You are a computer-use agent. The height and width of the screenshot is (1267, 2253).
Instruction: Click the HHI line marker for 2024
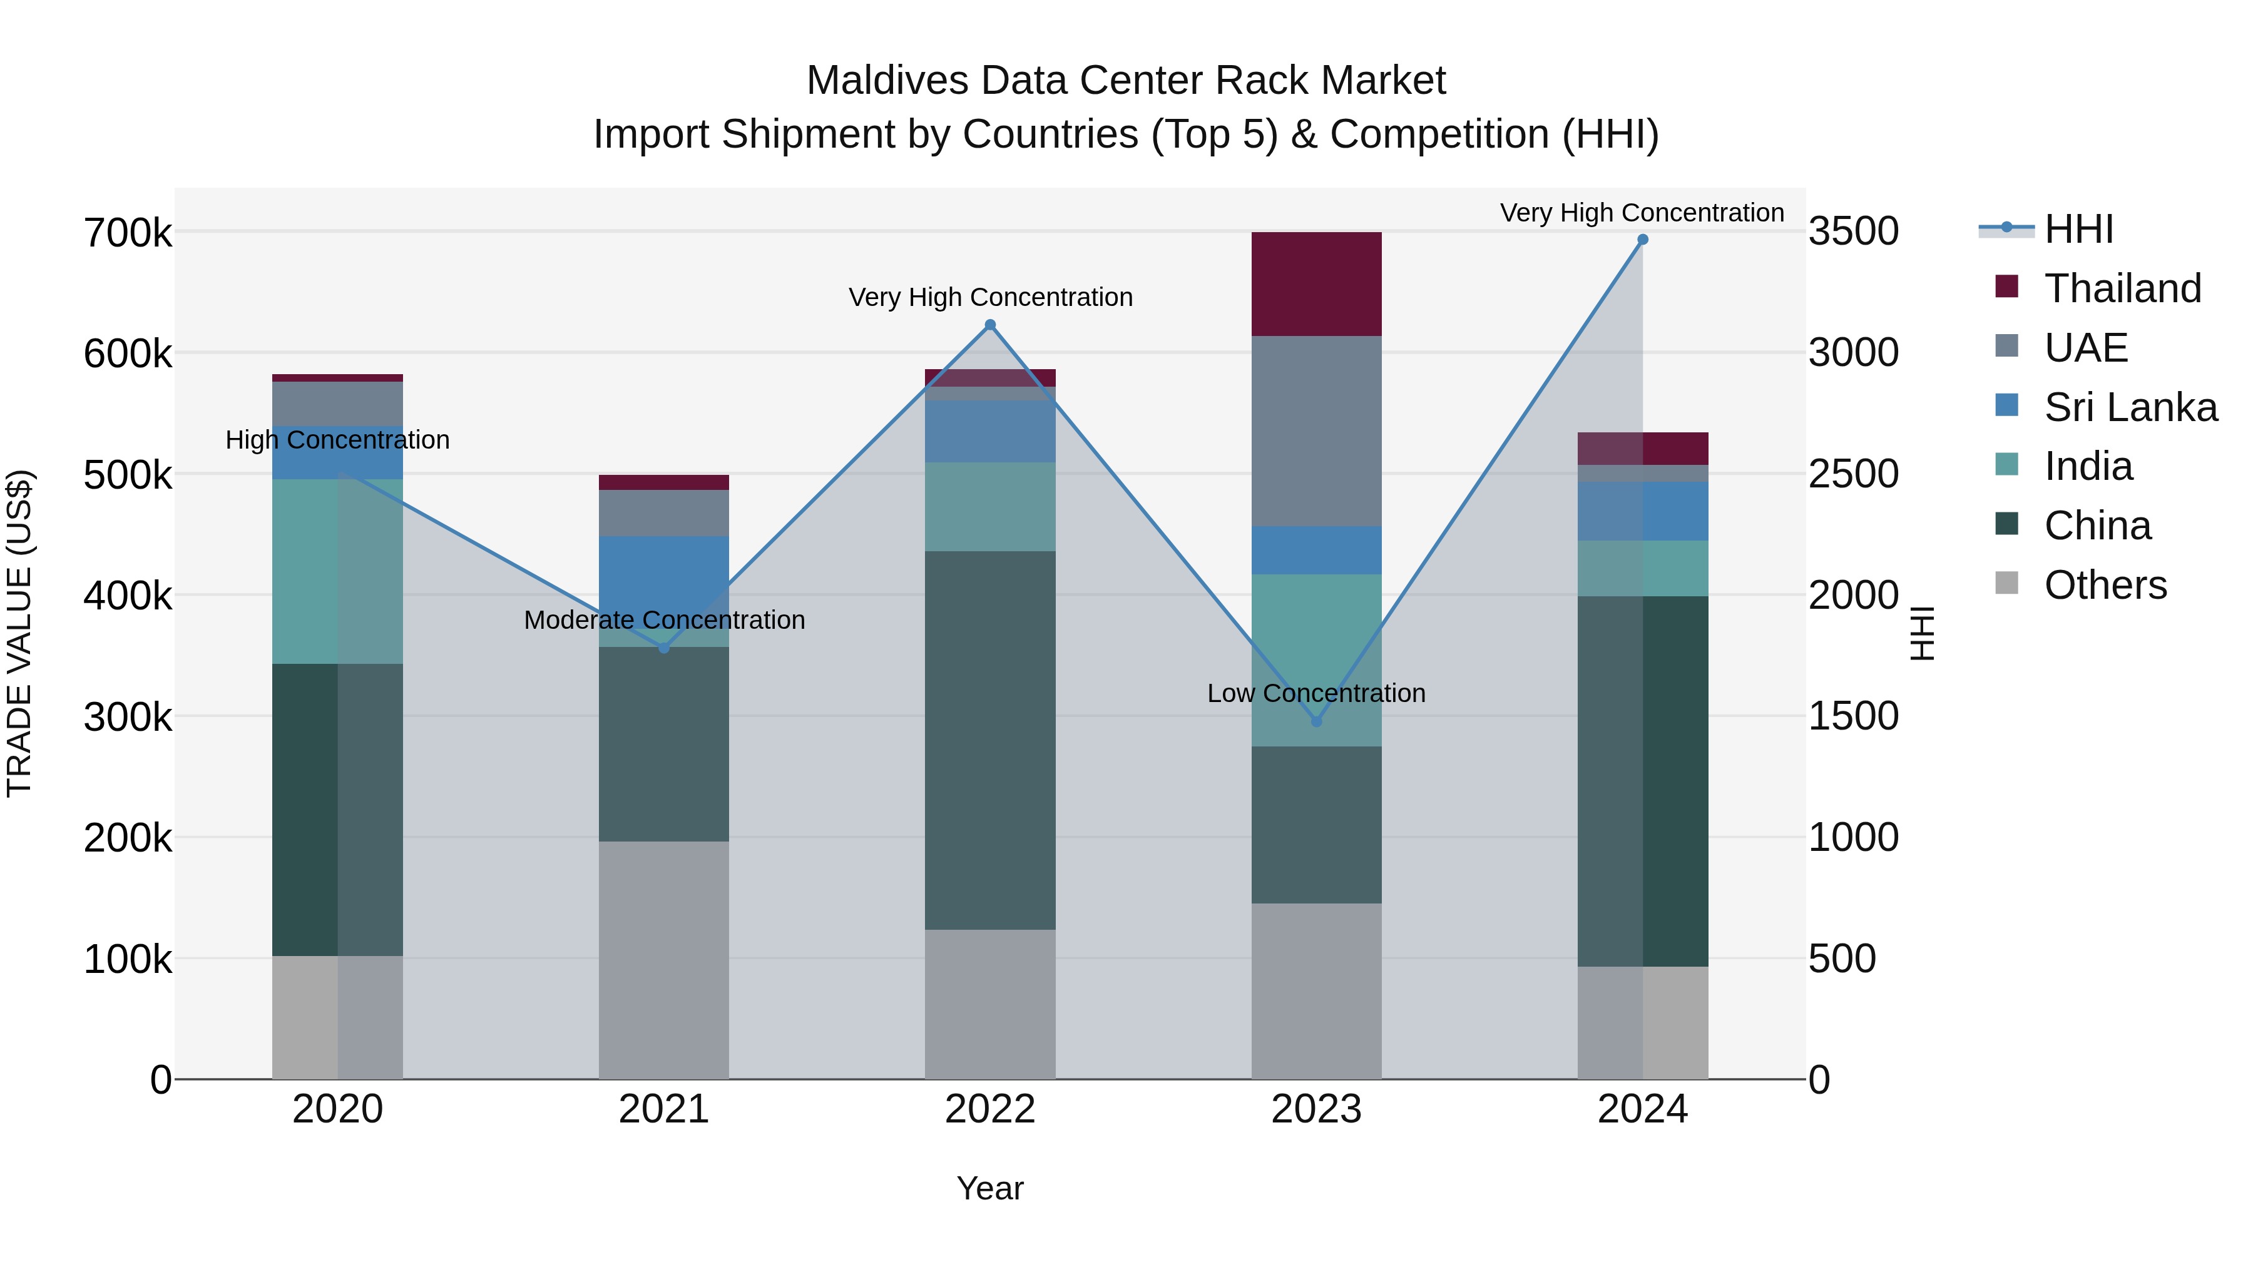click(1643, 240)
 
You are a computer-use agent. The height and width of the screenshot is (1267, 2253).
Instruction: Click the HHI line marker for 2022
click(990, 325)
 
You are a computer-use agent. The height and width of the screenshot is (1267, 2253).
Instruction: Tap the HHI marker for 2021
click(664, 648)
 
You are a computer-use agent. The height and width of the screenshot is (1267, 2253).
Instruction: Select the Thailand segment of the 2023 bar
click(1316, 284)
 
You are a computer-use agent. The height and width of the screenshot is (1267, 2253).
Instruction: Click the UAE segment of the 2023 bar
click(1316, 431)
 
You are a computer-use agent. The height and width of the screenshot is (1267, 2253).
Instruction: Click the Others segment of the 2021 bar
click(664, 960)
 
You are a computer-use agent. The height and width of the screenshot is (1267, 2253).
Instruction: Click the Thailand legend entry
click(2123, 288)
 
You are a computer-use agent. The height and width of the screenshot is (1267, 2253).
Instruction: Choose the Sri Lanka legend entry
click(2130, 407)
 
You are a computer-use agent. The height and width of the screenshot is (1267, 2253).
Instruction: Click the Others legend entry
click(2105, 585)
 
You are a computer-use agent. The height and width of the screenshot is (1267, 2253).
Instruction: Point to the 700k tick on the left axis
click(128, 233)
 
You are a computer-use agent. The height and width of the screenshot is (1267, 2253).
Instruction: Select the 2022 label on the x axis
click(990, 1109)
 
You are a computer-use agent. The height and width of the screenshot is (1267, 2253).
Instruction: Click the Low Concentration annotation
click(1316, 693)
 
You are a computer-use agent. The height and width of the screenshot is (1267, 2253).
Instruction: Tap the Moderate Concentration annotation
click(664, 620)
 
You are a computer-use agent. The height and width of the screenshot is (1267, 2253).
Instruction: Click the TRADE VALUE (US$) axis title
click(20, 633)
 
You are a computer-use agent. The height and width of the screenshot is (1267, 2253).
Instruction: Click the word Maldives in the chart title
click(887, 81)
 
